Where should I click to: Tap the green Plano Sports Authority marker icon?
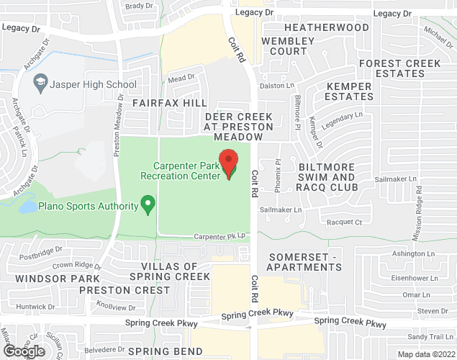pos(148,205)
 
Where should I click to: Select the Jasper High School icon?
pos(41,84)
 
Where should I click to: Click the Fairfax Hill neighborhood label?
pos(169,104)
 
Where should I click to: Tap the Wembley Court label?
pos(288,46)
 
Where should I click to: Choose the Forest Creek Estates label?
pos(400,68)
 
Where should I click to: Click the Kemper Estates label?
pos(350,91)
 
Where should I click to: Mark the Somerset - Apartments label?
pos(304,262)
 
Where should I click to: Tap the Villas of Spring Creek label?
pos(171,271)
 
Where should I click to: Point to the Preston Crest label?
pos(135,291)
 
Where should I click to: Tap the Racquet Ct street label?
pos(345,222)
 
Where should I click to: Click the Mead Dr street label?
pos(181,77)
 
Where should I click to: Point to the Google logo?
pos(23,351)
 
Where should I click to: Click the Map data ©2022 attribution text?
pos(426,354)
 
